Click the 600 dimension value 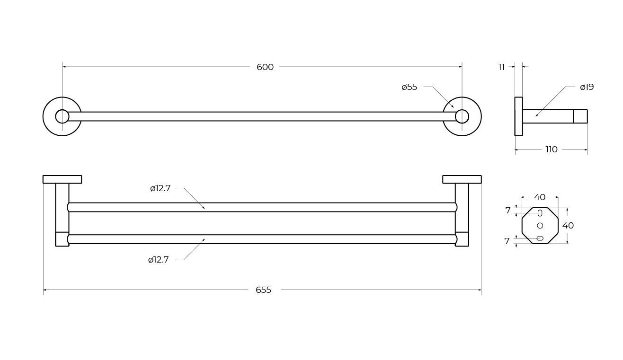tap(265, 67)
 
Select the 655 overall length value tap(263, 290)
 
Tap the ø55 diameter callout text tap(409, 87)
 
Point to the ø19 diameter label tap(587, 87)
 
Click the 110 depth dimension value tap(552, 149)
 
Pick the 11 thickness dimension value tap(501, 67)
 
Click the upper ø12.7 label tap(160, 188)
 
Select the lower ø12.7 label tap(158, 260)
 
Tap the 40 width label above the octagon tap(540, 197)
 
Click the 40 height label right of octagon tap(568, 226)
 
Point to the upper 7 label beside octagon tap(508, 211)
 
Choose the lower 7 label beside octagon tap(507, 241)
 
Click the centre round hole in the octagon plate tap(540, 226)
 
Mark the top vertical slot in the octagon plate tap(540, 213)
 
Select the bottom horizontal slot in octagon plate tap(540, 238)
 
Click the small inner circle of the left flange tap(62, 116)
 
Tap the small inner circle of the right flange tap(462, 116)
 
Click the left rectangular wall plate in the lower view tap(62, 179)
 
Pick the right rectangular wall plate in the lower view tap(462, 179)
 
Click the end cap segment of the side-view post tap(580, 116)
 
